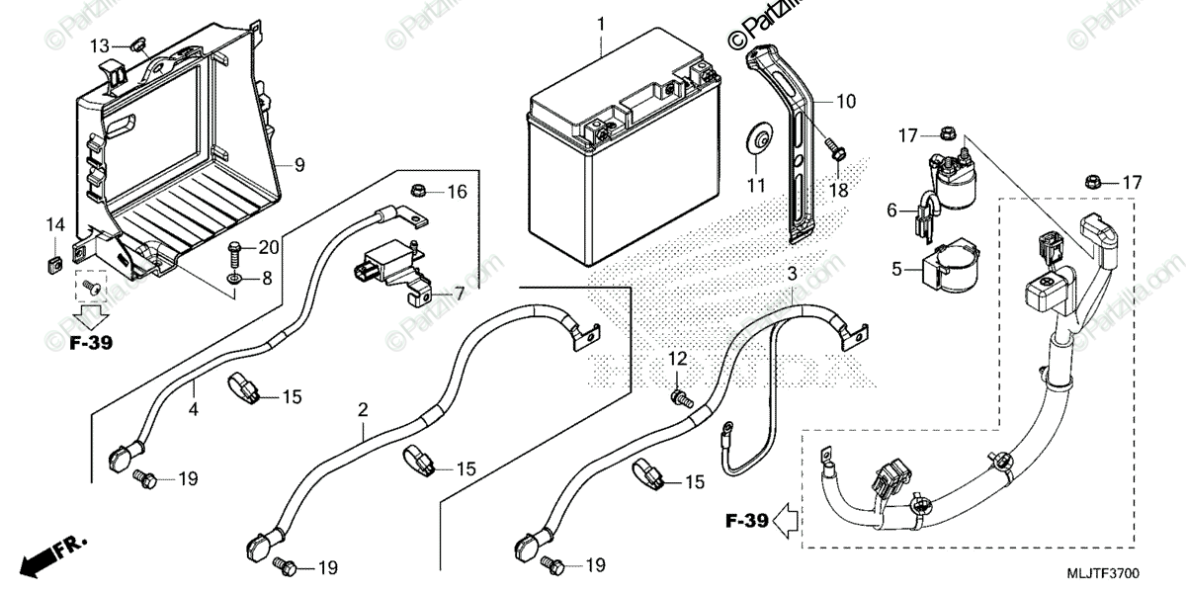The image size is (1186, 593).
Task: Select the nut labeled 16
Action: click(x=417, y=189)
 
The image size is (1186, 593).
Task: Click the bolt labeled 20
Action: click(x=235, y=251)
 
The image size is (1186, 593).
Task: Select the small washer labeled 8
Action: click(x=235, y=281)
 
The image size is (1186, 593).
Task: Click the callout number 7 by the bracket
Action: click(x=459, y=294)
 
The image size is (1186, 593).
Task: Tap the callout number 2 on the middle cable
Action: click(x=363, y=409)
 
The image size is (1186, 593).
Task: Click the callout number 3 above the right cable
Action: click(x=792, y=272)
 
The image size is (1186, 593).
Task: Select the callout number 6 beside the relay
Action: click(x=891, y=210)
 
